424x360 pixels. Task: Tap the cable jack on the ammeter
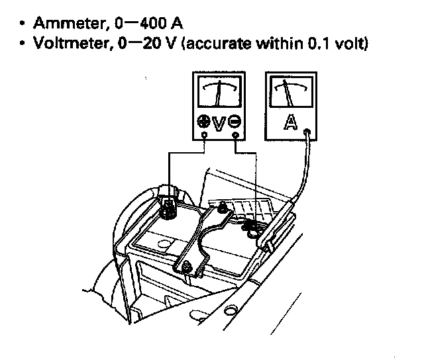point(306,132)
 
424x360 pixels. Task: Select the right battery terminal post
point(251,228)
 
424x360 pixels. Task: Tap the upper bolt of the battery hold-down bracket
point(221,210)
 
